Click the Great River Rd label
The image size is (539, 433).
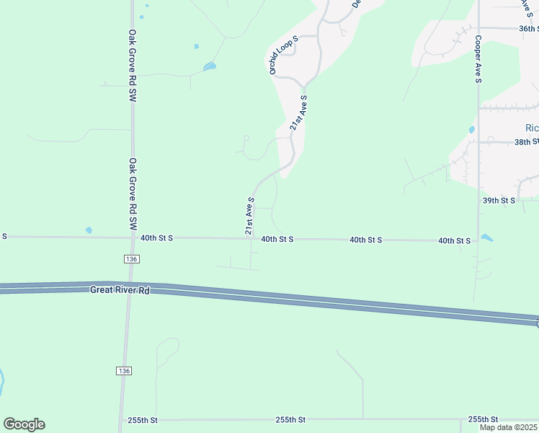119,289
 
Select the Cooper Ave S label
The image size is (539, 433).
477,58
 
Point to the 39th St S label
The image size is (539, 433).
499,200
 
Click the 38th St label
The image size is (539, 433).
527,142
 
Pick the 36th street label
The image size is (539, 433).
528,29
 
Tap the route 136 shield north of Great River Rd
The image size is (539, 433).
130,258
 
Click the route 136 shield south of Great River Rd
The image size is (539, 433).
124,370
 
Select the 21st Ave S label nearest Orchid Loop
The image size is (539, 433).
298,113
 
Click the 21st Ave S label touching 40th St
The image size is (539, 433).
249,215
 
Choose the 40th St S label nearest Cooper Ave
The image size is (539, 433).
454,240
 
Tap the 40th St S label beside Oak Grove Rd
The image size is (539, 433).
156,237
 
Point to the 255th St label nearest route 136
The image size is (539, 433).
143,420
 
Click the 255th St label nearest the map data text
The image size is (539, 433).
484,419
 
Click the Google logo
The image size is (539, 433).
24,424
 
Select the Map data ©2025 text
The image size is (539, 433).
509,427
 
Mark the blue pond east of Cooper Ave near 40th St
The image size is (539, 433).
486,237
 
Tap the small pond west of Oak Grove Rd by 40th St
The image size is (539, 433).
89,230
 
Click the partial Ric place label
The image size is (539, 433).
532,128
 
